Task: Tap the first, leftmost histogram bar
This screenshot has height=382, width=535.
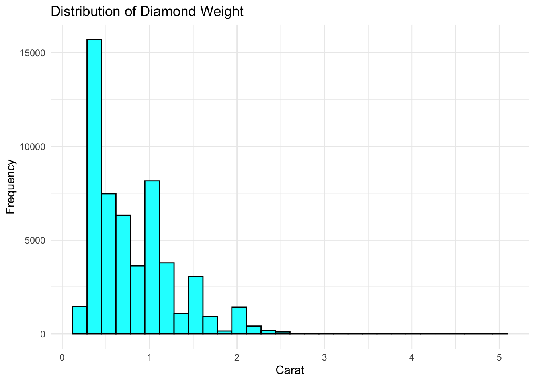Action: click(80, 320)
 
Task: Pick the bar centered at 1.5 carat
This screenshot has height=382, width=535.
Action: click(196, 305)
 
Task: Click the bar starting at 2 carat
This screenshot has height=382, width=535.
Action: click(239, 320)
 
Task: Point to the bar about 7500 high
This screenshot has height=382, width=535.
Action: click(109, 263)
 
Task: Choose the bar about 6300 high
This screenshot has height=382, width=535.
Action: click(123, 274)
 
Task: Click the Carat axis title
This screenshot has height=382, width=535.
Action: click(290, 370)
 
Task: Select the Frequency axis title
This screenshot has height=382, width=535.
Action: click(11, 187)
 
